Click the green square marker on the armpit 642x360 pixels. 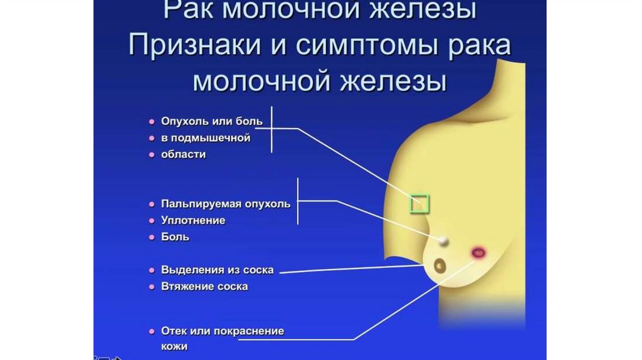coord(419,204)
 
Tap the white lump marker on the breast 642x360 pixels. coord(443,240)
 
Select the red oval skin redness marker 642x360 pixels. coord(478,253)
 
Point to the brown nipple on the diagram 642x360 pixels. coord(441,265)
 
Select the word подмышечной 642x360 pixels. coord(212,137)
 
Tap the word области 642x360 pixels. coord(184,154)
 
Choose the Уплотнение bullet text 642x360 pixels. coord(193,221)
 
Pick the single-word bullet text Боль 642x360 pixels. coord(175,238)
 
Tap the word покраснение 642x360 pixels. coord(249,331)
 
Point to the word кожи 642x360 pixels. coord(174,346)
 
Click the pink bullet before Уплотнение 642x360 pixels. coord(152,221)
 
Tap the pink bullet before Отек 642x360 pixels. coord(152,331)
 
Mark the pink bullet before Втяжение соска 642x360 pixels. coord(152,287)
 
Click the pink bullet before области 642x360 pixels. coord(152,154)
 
